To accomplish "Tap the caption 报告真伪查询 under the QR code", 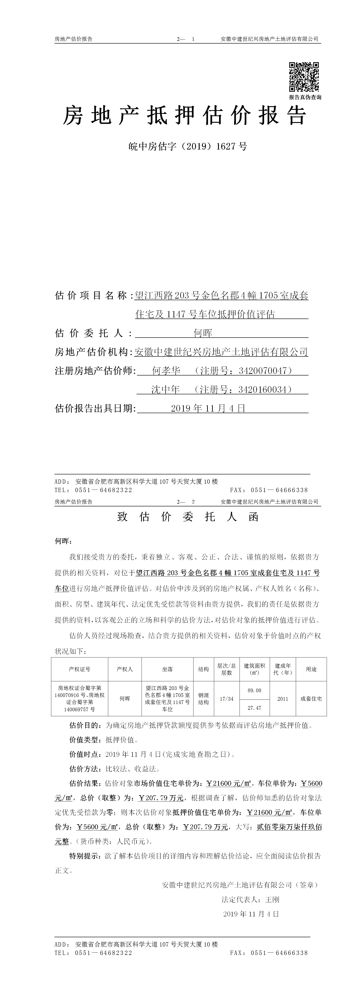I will pos(305,97).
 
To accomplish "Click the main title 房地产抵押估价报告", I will pos(185,115).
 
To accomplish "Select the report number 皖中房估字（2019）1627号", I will pos(188,146).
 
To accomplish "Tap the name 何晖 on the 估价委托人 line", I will pos(203,333).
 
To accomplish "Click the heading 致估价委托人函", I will pos(188,517).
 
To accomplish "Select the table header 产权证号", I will pos(80,669).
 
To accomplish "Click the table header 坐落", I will pos(167,669).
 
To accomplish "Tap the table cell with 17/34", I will pos(227,699).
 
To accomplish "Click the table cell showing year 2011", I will pos(283,699).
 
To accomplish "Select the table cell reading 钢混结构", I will pos(203,699).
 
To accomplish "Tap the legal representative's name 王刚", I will pos(272,899).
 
